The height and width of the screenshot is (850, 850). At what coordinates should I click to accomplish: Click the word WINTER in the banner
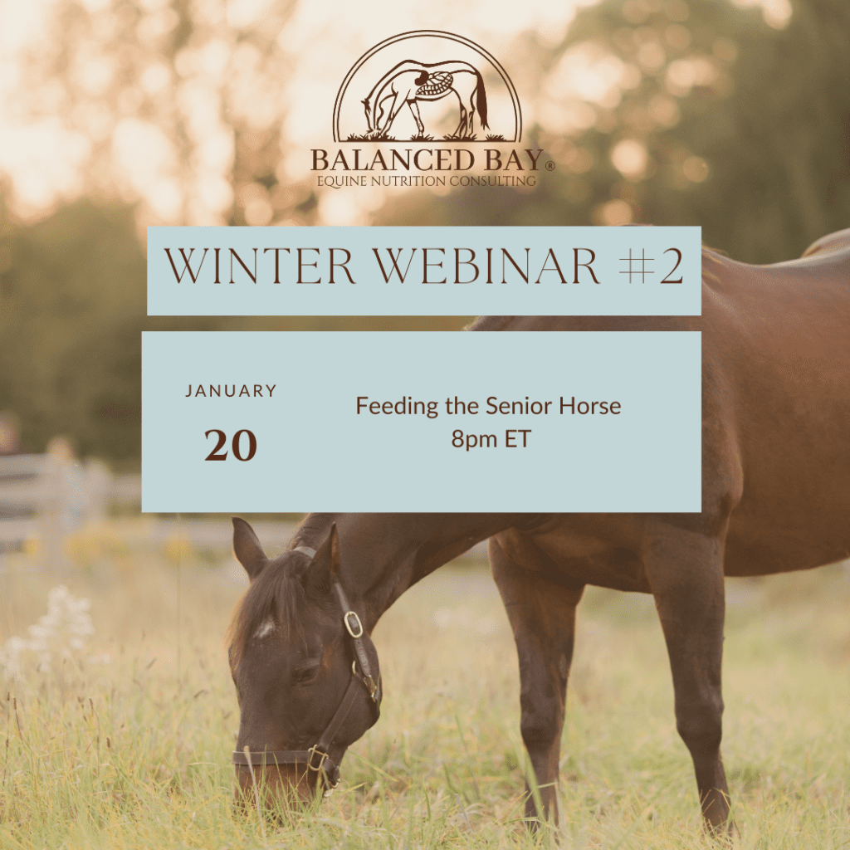tap(260, 266)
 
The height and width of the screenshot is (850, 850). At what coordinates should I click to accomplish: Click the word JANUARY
tap(231, 391)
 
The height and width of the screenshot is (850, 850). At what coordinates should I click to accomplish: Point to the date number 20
tap(231, 445)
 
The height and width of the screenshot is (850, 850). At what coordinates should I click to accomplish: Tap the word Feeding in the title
tap(397, 407)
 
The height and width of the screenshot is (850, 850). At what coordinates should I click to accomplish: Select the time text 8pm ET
tap(491, 439)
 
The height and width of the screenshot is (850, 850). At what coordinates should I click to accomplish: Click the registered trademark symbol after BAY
tap(550, 166)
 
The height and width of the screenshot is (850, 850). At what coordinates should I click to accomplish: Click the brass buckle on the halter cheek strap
tap(353, 624)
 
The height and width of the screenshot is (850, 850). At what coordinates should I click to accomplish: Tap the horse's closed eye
tap(306, 673)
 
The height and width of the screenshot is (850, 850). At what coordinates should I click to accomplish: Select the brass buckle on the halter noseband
tap(316, 758)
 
